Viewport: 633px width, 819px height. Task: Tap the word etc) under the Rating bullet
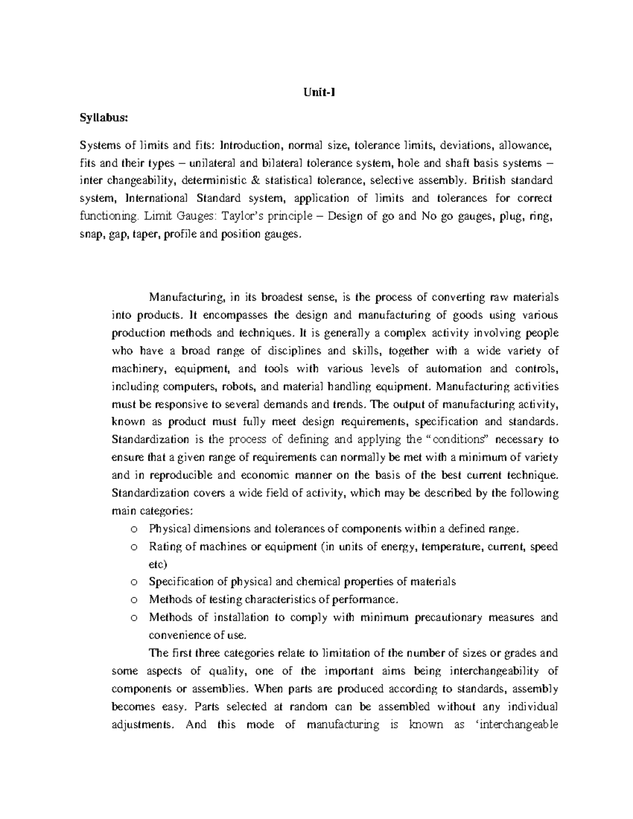[x=158, y=564]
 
